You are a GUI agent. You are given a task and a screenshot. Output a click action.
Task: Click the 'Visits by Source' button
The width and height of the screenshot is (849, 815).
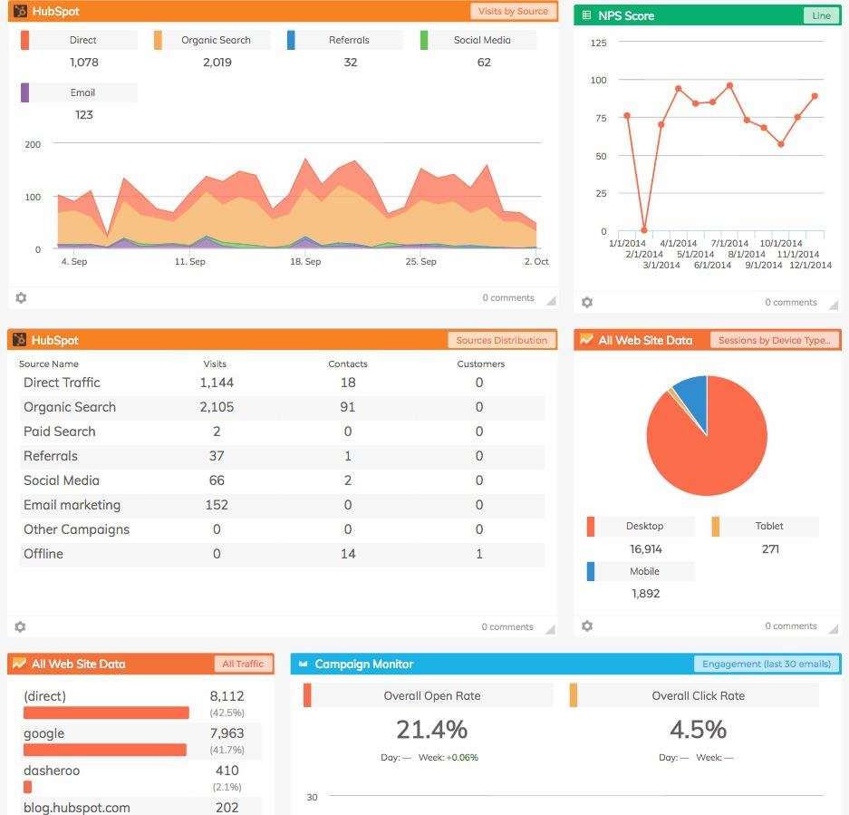click(x=513, y=11)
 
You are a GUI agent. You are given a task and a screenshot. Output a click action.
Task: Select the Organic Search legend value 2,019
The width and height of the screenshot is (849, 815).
click(x=217, y=63)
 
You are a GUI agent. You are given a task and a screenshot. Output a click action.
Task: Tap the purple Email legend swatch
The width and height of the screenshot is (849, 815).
click(x=24, y=92)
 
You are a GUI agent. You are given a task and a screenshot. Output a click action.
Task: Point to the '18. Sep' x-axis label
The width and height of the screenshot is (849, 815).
click(x=305, y=261)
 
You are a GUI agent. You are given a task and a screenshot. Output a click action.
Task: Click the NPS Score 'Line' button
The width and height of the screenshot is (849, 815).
click(x=821, y=15)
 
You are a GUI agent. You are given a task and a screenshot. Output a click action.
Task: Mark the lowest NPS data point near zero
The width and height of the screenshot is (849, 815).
click(x=644, y=230)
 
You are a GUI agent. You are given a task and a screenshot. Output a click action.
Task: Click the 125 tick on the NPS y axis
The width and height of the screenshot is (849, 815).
click(x=598, y=43)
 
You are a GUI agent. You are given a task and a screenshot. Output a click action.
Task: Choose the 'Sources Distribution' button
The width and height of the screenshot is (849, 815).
click(x=501, y=340)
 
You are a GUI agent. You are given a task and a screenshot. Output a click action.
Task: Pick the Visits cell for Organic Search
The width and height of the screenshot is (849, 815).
click(x=217, y=407)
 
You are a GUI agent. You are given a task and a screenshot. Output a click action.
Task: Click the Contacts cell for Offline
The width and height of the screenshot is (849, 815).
click(x=348, y=554)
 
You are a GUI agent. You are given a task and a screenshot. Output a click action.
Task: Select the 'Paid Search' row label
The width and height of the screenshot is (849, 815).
click(x=60, y=432)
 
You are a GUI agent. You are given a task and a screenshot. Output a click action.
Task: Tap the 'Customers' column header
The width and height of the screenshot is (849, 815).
click(x=480, y=364)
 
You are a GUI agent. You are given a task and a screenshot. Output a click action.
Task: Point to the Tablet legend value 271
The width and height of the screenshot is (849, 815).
click(x=770, y=548)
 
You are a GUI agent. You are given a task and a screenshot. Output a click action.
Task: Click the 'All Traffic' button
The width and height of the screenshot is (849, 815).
click(x=243, y=664)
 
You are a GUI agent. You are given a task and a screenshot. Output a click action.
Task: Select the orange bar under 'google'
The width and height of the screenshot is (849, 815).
click(x=104, y=750)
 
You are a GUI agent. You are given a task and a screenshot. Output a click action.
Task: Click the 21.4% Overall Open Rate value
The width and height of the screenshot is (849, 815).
click(x=431, y=729)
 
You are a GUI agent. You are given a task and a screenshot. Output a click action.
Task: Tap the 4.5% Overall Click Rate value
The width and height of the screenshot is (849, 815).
click(x=698, y=729)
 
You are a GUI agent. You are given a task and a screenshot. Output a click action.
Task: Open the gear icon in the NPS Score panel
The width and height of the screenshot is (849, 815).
click(x=587, y=302)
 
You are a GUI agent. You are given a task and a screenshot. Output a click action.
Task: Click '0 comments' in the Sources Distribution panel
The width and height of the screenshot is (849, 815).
click(x=507, y=626)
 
